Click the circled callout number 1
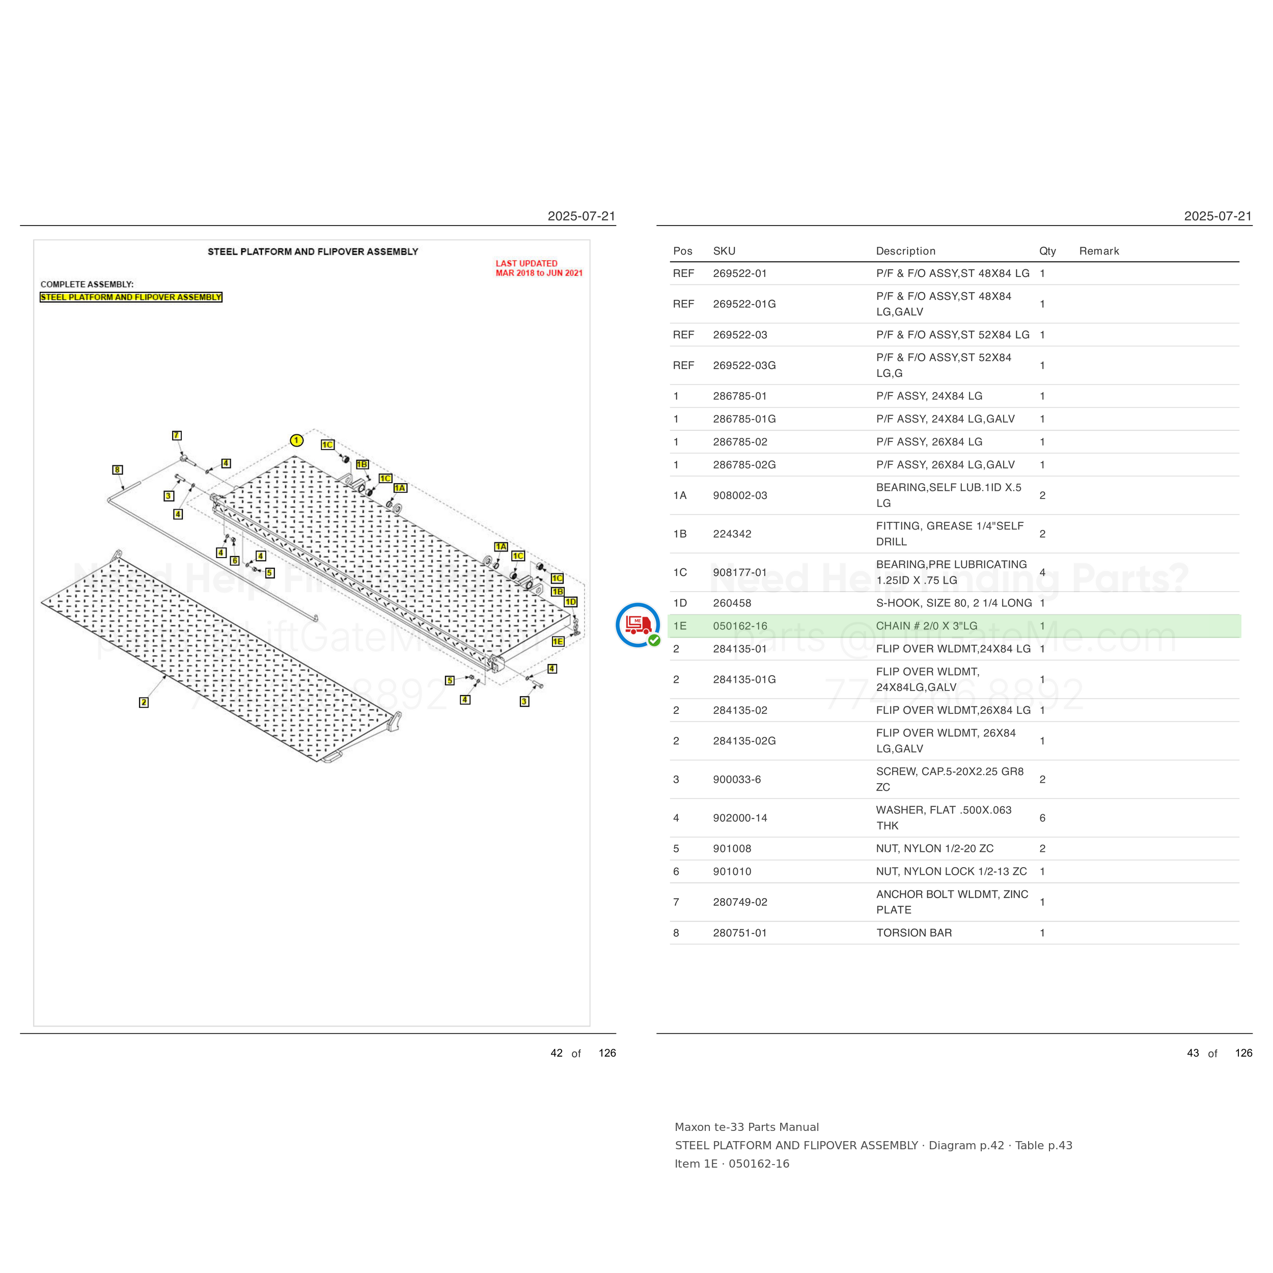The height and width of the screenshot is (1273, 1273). coord(296,440)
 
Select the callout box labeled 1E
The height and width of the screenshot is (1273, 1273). coord(558,641)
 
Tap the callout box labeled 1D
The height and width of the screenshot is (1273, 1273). coord(571,601)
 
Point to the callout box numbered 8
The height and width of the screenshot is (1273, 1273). coord(117,470)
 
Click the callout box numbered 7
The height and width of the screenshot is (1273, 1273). coord(177,435)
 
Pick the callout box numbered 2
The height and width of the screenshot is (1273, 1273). coord(144,702)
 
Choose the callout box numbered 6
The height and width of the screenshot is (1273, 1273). coord(235,561)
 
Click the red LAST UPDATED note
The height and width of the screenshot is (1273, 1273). coord(539,268)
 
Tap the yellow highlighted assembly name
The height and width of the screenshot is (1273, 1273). coord(131,297)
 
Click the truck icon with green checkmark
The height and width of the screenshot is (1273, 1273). coord(638,625)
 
